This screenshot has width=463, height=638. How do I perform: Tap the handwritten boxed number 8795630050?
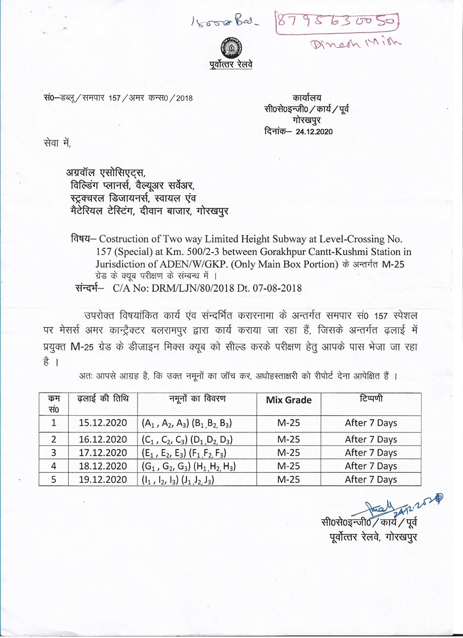(337, 22)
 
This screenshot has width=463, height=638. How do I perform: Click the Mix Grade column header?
(289, 400)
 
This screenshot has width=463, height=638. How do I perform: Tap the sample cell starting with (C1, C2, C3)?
(187, 439)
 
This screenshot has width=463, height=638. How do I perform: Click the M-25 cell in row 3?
(289, 452)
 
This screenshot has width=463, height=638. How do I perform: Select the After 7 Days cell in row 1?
(370, 423)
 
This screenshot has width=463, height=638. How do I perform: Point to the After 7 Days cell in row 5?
(370, 479)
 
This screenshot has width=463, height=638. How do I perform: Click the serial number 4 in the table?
(53, 466)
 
